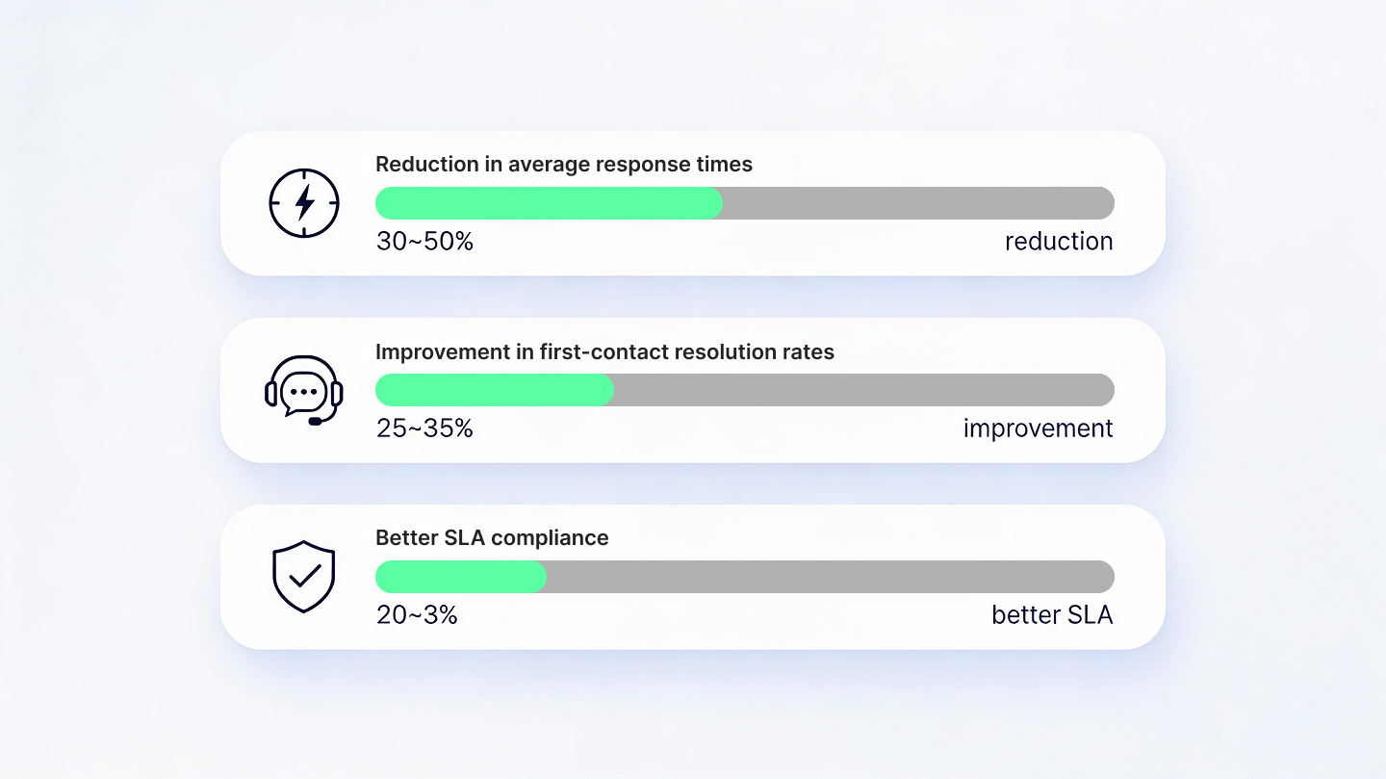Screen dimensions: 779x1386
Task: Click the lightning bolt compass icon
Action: (304, 203)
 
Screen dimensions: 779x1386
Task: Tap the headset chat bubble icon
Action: (304, 390)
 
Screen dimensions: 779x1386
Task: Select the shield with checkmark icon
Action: (304, 577)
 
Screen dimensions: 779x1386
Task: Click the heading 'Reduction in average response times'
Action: (563, 165)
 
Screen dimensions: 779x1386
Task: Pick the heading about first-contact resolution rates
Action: (604, 351)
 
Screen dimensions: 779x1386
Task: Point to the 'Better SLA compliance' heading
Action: (492, 538)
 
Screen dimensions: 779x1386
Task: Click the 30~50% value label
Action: (424, 242)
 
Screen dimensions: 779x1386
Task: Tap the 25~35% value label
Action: (424, 428)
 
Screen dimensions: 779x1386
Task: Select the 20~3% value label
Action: (417, 615)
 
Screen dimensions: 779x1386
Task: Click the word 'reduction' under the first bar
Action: (1059, 242)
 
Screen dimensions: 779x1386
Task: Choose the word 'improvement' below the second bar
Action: (1038, 428)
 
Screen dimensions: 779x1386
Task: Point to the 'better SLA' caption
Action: (1052, 615)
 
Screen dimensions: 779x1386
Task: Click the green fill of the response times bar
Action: (549, 203)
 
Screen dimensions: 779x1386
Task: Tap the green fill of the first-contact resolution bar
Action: (495, 390)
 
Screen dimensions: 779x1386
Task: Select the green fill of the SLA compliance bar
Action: (460, 577)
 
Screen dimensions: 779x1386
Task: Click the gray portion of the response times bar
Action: (918, 203)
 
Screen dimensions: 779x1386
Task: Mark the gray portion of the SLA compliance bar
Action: (830, 577)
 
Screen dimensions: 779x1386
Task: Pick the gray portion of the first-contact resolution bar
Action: (863, 390)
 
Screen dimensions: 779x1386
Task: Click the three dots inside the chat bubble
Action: (304, 392)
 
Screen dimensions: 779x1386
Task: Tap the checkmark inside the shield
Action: (305, 576)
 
